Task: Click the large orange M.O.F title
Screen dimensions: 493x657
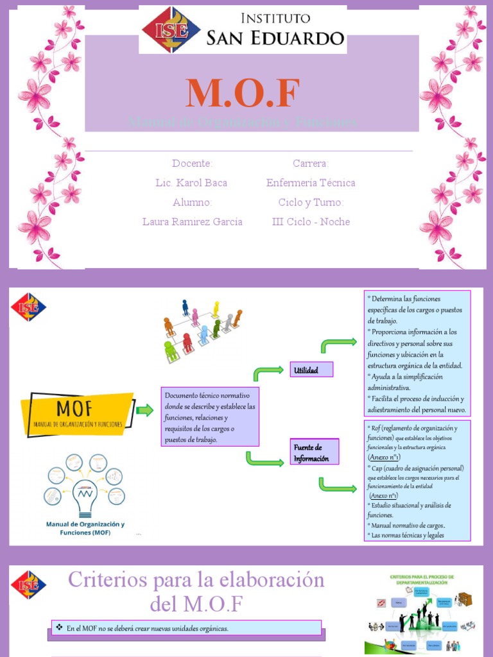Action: (x=243, y=94)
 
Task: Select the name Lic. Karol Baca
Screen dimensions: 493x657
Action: (x=191, y=183)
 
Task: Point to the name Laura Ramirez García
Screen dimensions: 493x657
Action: (x=193, y=222)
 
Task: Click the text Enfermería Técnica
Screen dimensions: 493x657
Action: (x=311, y=183)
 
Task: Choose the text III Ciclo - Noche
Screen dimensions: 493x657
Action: (x=311, y=222)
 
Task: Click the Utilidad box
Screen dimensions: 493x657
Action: (x=312, y=370)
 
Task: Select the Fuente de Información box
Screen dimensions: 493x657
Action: (x=313, y=453)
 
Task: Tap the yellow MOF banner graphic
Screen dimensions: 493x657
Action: (x=77, y=411)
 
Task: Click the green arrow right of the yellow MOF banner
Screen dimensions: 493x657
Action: (x=145, y=411)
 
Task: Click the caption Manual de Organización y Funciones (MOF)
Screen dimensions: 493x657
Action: (x=85, y=528)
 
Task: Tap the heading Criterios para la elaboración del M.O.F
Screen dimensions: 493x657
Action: (x=196, y=592)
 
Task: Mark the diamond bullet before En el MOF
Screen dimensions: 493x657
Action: (x=59, y=627)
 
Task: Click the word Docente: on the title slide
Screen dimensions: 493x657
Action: (x=192, y=164)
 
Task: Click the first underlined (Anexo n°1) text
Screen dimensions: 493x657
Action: (x=385, y=457)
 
